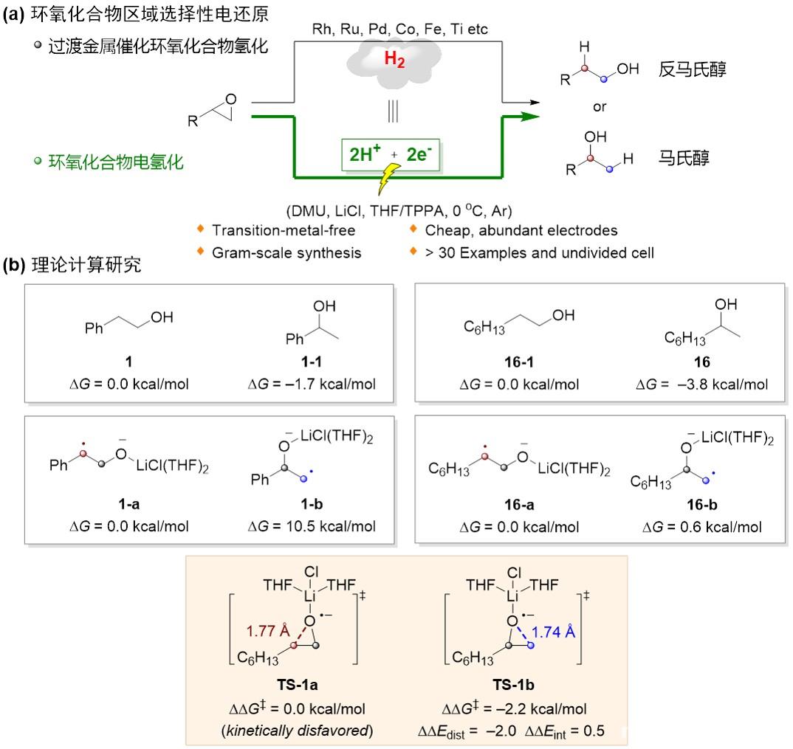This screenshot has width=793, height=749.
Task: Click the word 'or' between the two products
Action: point(600,107)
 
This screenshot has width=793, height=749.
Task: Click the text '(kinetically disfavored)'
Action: point(302,731)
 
